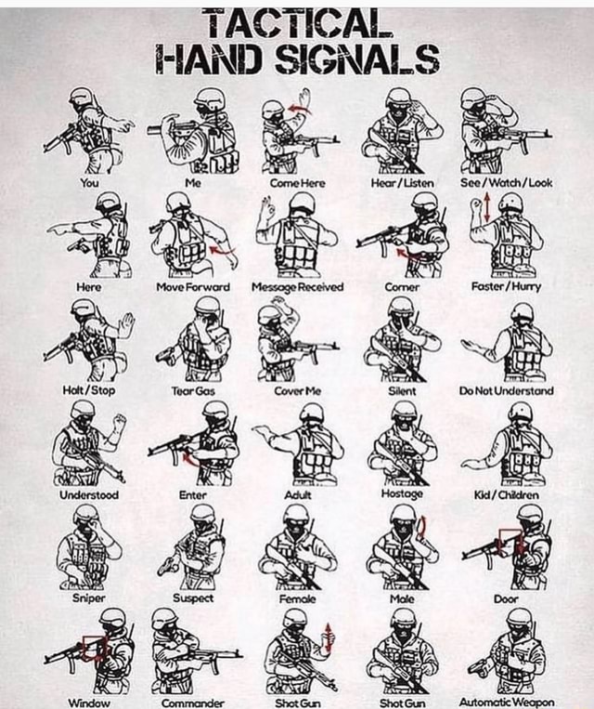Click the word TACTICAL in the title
(x=296, y=20)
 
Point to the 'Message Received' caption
(x=297, y=287)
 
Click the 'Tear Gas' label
(x=197, y=391)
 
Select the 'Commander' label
(x=192, y=702)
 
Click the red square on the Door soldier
(x=510, y=541)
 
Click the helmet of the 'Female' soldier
(x=296, y=514)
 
